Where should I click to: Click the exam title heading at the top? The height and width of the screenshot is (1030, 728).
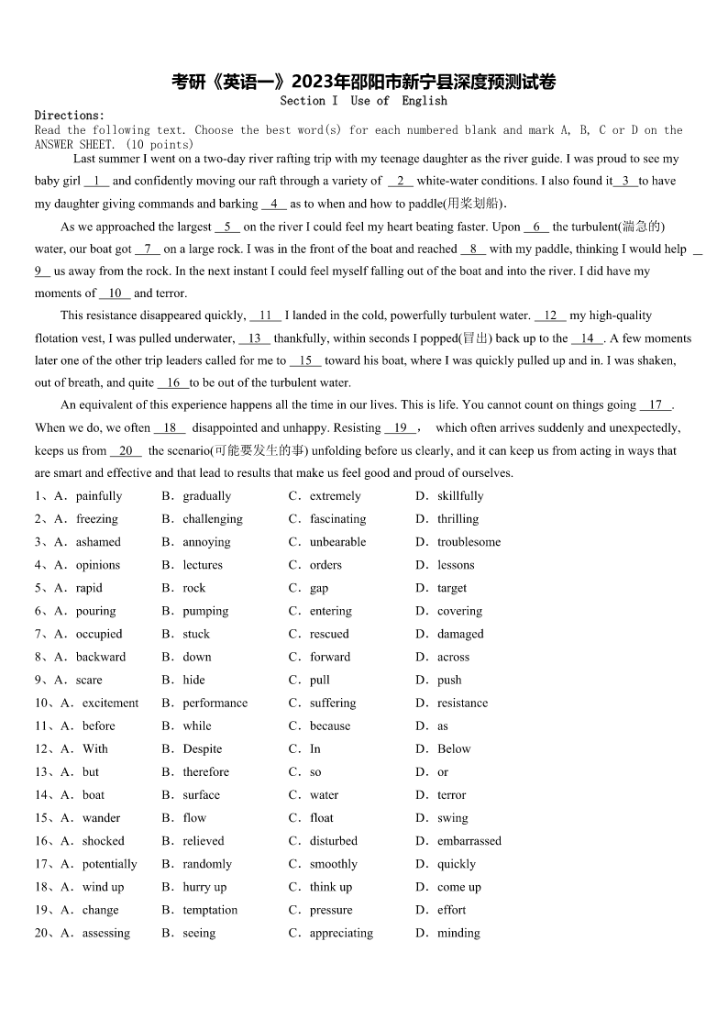[363, 83]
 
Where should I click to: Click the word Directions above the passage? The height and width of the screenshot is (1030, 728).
[69, 116]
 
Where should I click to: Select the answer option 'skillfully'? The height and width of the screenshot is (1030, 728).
[459, 496]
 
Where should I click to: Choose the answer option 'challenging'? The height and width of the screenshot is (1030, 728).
[212, 519]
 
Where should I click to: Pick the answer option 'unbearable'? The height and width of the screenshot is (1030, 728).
[337, 542]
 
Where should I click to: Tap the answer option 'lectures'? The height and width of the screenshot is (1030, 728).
[202, 565]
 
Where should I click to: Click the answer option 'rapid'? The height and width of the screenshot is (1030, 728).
[89, 588]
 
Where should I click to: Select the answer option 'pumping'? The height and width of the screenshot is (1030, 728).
[205, 611]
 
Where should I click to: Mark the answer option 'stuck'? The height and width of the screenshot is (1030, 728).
[195, 634]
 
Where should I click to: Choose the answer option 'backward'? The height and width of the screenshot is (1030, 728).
[101, 657]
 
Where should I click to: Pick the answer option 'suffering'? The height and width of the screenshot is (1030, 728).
[332, 703]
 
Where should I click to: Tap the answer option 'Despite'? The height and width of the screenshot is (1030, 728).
[202, 749]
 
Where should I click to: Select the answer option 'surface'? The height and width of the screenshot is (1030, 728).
[201, 795]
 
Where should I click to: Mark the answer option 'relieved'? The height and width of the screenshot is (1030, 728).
[203, 841]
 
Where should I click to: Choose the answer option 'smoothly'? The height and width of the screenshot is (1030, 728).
[333, 864]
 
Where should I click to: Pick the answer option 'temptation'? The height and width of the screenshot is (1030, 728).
[209, 910]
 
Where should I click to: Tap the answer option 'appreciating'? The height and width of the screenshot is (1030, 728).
[341, 933]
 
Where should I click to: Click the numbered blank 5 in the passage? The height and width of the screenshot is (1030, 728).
[226, 227]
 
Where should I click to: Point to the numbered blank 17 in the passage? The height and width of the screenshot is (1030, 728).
[656, 404]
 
